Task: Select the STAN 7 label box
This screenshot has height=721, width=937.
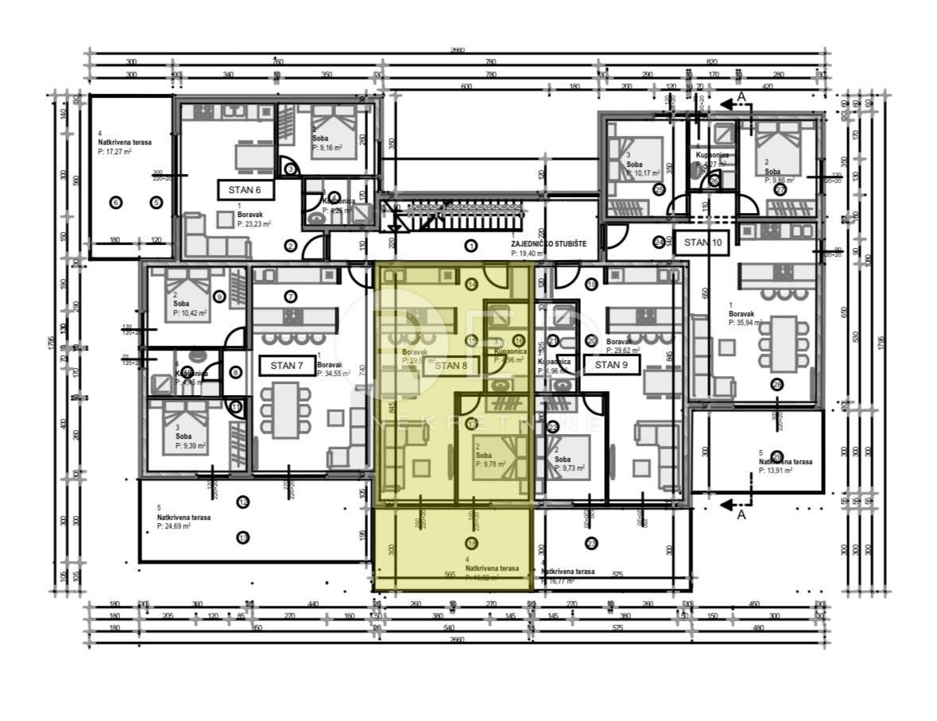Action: point(286,366)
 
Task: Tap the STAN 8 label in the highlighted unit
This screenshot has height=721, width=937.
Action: point(451,366)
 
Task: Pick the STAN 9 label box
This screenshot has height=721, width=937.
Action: point(611,365)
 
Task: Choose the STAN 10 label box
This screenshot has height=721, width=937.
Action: point(703,242)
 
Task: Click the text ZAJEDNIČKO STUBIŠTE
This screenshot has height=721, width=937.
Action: point(548,244)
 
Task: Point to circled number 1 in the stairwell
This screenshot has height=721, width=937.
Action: point(470,246)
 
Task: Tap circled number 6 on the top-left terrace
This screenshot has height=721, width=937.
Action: point(116,203)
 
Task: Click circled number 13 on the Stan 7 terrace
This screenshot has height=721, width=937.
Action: point(242,538)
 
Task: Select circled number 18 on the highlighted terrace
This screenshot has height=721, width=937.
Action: point(472,544)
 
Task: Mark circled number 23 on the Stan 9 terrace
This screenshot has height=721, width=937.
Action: point(591,544)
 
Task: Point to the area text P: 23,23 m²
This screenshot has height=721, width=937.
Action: point(257,225)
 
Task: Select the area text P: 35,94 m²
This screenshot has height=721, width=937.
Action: point(745,323)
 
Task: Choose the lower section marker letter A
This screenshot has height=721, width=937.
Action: point(741,514)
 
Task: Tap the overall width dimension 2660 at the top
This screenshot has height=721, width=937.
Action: point(457,50)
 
